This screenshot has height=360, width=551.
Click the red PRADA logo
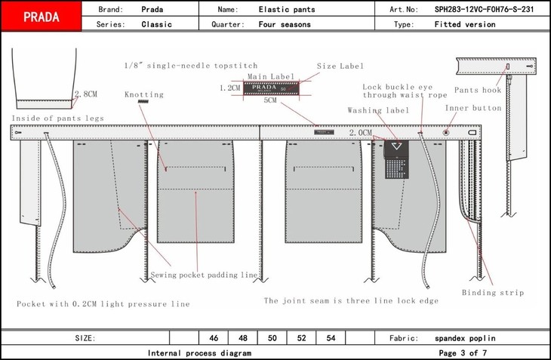pyautogui.click(x=42, y=17)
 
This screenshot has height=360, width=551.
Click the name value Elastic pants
pyautogui.click(x=287, y=10)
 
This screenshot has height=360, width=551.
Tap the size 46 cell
pyautogui.click(x=213, y=338)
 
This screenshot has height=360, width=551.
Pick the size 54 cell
pyautogui.click(x=331, y=338)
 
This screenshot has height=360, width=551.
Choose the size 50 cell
pyautogui.click(x=272, y=338)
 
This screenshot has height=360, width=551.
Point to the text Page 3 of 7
pyautogui.click(x=463, y=352)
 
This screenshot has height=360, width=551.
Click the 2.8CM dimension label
pyautogui.click(x=86, y=94)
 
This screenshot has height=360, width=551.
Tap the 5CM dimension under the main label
pyautogui.click(x=270, y=100)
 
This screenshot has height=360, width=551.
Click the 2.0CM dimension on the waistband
pyautogui.click(x=360, y=133)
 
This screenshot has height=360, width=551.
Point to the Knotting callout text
pyautogui.click(x=143, y=94)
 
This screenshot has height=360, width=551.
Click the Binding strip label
pyautogui.click(x=493, y=292)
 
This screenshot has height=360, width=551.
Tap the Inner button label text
pyautogui.click(x=473, y=108)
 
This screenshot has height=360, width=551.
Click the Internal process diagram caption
pyautogui.click(x=199, y=352)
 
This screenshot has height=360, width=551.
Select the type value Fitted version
pyautogui.click(x=465, y=24)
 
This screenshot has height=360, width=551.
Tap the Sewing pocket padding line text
pyautogui.click(x=205, y=274)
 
